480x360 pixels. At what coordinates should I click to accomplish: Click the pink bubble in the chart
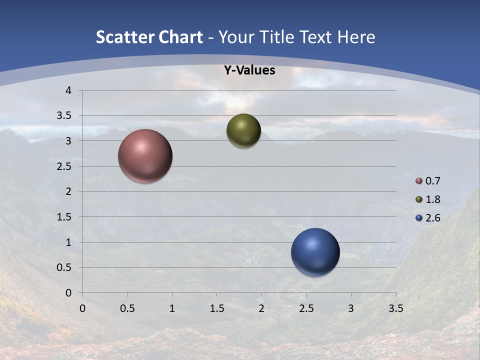(x=145, y=156)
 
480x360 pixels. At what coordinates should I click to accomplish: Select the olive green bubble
(x=243, y=130)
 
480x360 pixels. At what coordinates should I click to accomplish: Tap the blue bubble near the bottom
(x=315, y=252)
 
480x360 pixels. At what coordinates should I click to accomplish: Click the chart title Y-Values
(x=249, y=70)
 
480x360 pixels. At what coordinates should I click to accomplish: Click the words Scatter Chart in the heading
(x=149, y=37)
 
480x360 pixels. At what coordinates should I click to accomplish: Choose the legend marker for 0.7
(x=419, y=181)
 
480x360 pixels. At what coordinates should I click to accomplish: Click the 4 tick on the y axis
(x=68, y=90)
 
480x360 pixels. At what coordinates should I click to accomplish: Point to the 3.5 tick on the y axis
(x=64, y=116)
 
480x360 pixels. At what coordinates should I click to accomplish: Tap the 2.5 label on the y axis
(x=64, y=166)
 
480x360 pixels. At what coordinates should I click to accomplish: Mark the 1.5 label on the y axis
(x=64, y=217)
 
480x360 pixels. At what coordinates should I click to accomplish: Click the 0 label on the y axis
(x=68, y=293)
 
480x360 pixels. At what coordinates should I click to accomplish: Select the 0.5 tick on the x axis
(x=127, y=308)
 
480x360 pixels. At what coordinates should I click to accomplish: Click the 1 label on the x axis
(x=172, y=308)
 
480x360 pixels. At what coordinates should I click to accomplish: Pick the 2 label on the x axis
(x=261, y=308)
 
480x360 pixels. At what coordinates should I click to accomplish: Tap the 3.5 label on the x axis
(x=396, y=308)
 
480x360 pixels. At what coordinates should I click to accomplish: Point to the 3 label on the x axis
(x=351, y=308)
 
